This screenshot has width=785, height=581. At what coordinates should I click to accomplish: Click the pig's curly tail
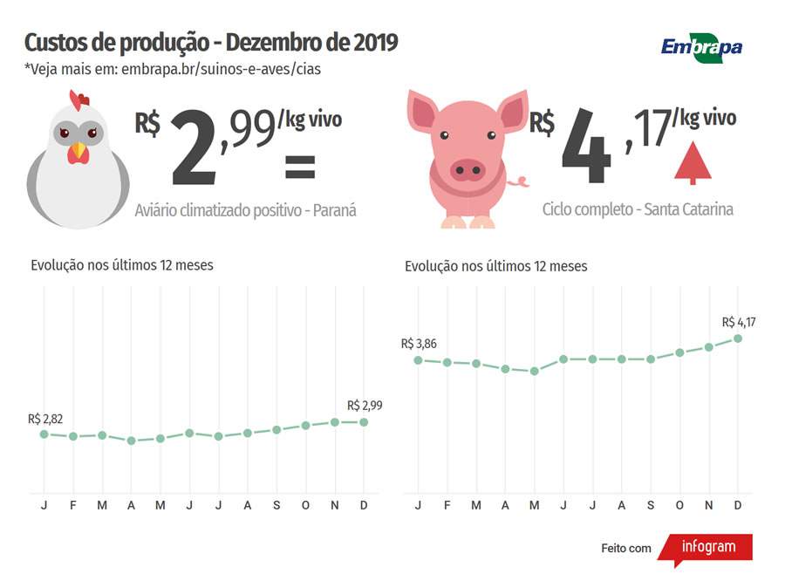522,182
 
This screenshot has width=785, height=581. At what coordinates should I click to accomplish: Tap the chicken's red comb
79,100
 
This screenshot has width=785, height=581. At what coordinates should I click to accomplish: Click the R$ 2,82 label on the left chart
45,419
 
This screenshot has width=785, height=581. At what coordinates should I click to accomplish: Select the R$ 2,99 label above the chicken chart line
365,406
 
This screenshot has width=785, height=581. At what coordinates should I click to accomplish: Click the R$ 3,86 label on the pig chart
419,344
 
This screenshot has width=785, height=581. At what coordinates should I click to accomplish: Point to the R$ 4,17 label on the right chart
739,322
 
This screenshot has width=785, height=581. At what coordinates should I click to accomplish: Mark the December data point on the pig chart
738,338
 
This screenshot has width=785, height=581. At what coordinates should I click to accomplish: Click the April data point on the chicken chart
131,441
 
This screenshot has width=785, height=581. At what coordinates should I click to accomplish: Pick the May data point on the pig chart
535,371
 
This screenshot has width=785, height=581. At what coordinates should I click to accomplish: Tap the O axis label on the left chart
305,506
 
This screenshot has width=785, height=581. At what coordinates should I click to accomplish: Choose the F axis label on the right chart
447,506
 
